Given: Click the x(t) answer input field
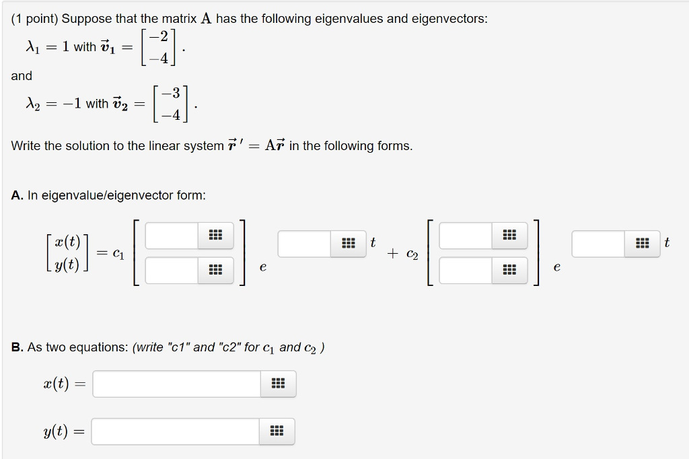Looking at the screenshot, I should point(176,384).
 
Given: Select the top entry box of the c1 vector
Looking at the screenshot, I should point(172,235).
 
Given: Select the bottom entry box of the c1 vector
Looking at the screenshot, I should point(172,270).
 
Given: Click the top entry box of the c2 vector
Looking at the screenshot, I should point(466,235).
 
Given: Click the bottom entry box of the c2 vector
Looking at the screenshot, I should point(466,270).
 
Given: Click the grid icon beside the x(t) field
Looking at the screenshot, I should point(278,384).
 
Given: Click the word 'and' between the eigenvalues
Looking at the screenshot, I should point(22,76).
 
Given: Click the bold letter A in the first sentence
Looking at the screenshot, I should point(206,19).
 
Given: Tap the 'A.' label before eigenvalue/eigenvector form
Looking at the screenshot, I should point(17,196).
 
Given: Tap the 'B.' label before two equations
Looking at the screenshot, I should point(17,347).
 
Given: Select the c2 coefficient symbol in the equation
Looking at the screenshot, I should point(412,254).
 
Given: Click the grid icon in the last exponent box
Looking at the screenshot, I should point(643,244).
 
